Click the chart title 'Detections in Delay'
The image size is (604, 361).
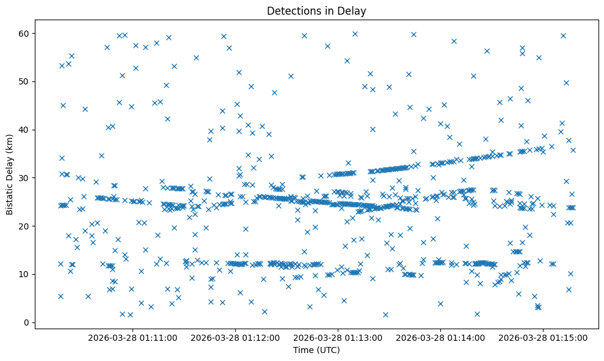316,10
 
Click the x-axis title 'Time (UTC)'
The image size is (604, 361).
316,351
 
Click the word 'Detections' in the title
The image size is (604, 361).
291,10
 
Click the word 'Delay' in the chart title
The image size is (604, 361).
354,10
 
